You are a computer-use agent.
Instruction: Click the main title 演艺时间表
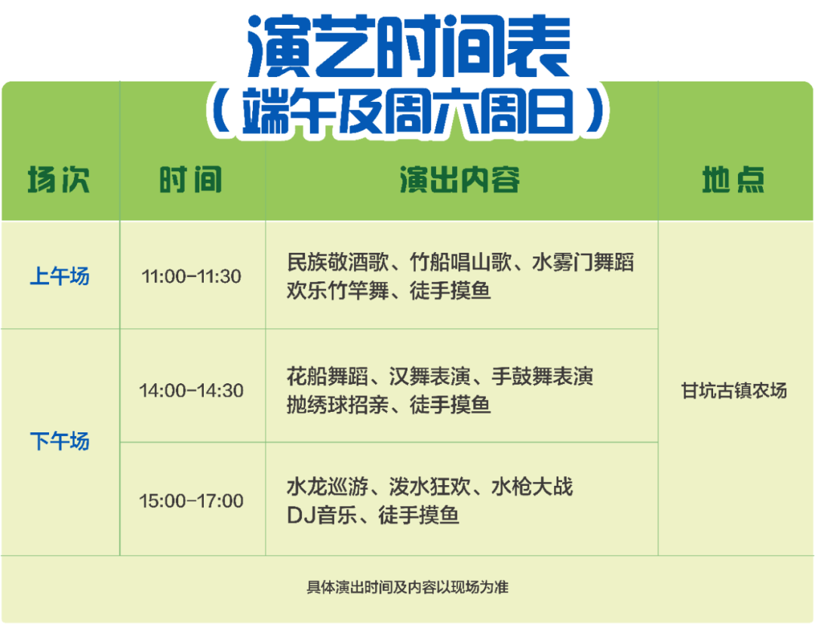[409, 46]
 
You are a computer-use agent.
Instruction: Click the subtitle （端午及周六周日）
[408, 110]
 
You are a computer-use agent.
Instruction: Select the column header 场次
[59, 180]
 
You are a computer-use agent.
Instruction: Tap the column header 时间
[191, 180]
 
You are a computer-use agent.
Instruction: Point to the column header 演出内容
[460, 180]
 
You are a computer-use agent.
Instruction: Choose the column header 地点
[733, 180]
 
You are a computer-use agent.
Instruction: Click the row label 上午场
[60, 276]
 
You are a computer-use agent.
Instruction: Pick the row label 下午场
[60, 441]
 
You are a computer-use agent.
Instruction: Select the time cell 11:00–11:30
[191, 276]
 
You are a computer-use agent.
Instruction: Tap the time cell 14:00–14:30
[191, 390]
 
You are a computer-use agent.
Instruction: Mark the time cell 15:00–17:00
[191, 501]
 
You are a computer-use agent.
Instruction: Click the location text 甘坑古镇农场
[734, 390]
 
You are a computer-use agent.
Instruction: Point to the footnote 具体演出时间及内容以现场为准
[407, 587]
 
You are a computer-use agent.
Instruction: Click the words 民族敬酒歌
[338, 263]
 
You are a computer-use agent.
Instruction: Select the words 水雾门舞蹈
[583, 263]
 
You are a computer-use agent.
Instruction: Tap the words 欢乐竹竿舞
[338, 290]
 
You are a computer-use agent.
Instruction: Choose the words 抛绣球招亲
[338, 404]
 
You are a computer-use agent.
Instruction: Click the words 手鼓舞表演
[542, 377]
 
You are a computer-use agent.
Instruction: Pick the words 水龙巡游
[328, 487]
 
